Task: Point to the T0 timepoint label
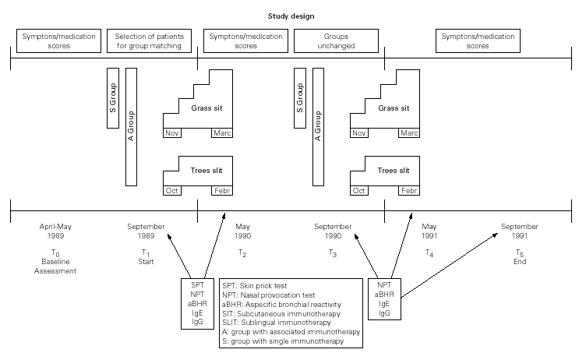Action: (x=55, y=253)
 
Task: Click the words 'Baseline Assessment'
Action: (x=55, y=266)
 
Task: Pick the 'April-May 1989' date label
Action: (x=55, y=231)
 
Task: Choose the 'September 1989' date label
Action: (x=146, y=231)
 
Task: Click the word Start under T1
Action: (x=146, y=263)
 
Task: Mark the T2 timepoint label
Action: (x=242, y=253)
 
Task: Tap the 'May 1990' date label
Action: (x=242, y=231)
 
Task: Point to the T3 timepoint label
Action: (x=333, y=253)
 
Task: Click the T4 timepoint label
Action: (x=429, y=253)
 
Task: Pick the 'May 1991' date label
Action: (x=429, y=231)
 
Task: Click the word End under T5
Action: (x=520, y=263)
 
